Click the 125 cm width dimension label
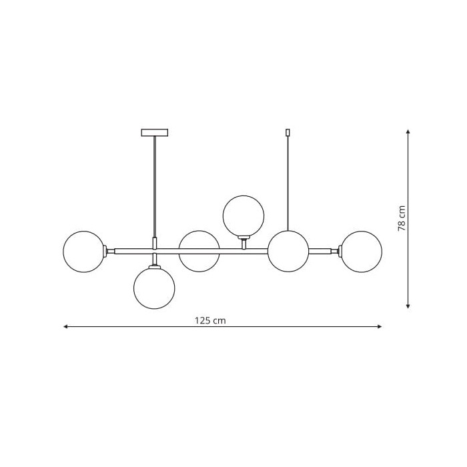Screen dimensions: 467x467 (x=210, y=320)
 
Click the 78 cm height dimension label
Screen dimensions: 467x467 (x=402, y=218)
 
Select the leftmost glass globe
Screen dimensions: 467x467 (x=83, y=252)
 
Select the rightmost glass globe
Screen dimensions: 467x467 (x=362, y=252)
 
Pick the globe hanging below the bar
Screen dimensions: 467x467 (x=154, y=288)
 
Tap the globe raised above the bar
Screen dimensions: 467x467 (x=244, y=216)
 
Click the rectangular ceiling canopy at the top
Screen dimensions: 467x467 (x=155, y=133)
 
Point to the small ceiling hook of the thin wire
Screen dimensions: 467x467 (x=288, y=132)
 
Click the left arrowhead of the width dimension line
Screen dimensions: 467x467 (x=65, y=327)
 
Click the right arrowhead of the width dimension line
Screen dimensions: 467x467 (x=380, y=327)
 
